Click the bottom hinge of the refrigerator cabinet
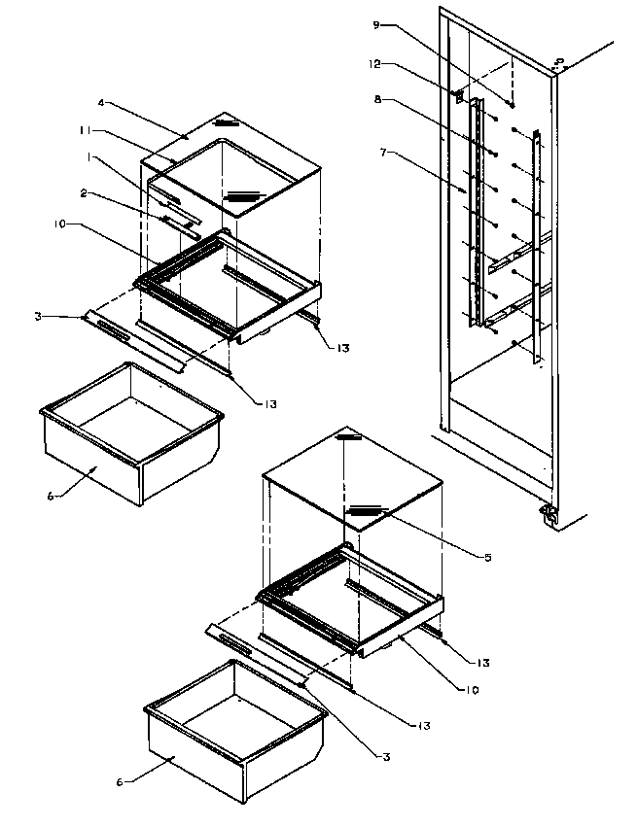[x=548, y=516]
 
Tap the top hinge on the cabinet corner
[x=558, y=64]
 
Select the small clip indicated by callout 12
[x=456, y=95]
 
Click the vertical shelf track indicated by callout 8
[x=475, y=214]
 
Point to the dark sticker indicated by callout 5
[x=366, y=508]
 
